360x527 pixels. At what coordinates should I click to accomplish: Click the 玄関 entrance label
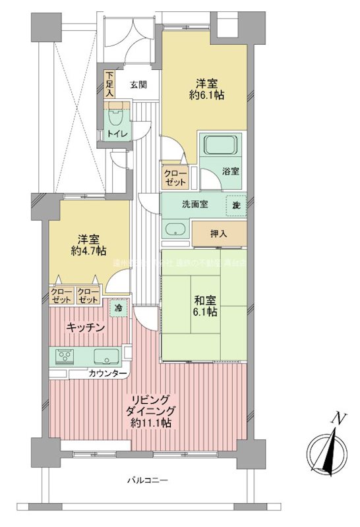pyautogui.click(x=138, y=84)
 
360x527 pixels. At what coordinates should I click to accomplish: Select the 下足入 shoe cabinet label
pyautogui.click(x=109, y=84)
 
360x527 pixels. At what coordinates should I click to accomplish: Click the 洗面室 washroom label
pyautogui.click(x=195, y=204)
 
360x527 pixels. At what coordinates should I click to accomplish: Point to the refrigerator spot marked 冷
pyautogui.click(x=119, y=308)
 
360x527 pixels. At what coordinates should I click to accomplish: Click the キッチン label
pyautogui.click(x=86, y=327)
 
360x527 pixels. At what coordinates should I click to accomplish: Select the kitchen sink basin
pyautogui.click(x=105, y=356)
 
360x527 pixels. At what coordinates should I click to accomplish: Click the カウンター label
pyautogui.click(x=108, y=374)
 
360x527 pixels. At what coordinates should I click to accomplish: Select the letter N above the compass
pyautogui.click(x=339, y=418)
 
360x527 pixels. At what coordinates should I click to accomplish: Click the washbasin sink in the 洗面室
pyautogui.click(x=175, y=230)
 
